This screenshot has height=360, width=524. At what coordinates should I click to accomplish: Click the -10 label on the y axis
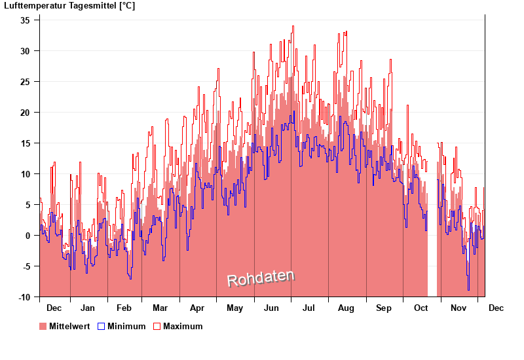point(24,297)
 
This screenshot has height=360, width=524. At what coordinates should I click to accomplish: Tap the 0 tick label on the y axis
point(28,236)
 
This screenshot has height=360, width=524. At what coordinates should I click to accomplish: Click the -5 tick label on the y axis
point(26,266)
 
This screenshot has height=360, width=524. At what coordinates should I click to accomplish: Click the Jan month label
point(88,308)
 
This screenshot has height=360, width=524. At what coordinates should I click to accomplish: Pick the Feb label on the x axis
point(124,308)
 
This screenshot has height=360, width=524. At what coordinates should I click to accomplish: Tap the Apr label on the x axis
point(197,308)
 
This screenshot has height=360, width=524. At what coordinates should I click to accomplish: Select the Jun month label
point(272,308)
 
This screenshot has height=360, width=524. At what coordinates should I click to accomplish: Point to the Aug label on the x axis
point(346,308)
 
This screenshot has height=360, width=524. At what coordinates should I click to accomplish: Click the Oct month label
point(420,308)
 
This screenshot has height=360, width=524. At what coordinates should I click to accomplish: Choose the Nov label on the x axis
point(458,308)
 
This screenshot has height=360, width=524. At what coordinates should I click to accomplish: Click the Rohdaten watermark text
point(261,278)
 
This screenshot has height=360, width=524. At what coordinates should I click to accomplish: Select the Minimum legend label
point(126,326)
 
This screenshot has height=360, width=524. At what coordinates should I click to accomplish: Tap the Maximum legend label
point(183,326)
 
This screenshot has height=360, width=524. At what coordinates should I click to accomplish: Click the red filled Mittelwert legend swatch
point(43,326)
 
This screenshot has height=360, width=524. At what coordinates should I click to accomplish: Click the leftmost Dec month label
point(54,308)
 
